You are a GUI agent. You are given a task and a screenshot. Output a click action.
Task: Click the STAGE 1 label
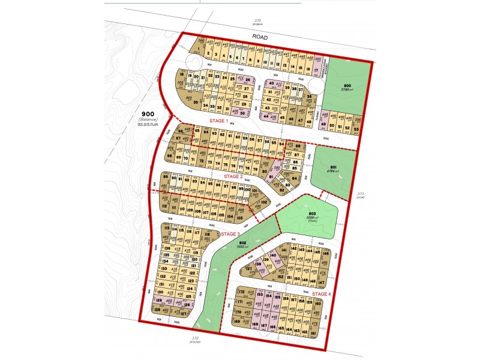click(x=218, y=121)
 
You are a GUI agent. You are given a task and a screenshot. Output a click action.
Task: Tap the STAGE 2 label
click(x=233, y=177)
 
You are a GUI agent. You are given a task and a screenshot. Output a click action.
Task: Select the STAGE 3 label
click(x=230, y=234)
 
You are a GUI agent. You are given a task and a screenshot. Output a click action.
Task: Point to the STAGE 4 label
click(x=320, y=294)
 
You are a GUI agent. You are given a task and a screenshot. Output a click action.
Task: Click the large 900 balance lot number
click(x=148, y=114)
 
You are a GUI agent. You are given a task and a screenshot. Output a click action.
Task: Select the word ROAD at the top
click(x=260, y=37)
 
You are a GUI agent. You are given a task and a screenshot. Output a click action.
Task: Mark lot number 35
click(x=195, y=103)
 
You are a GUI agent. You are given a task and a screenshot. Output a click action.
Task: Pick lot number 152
click(x=280, y=277)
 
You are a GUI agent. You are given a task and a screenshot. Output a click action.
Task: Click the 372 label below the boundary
click(x=194, y=339)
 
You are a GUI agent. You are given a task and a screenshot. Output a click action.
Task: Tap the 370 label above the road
click(x=257, y=21)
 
